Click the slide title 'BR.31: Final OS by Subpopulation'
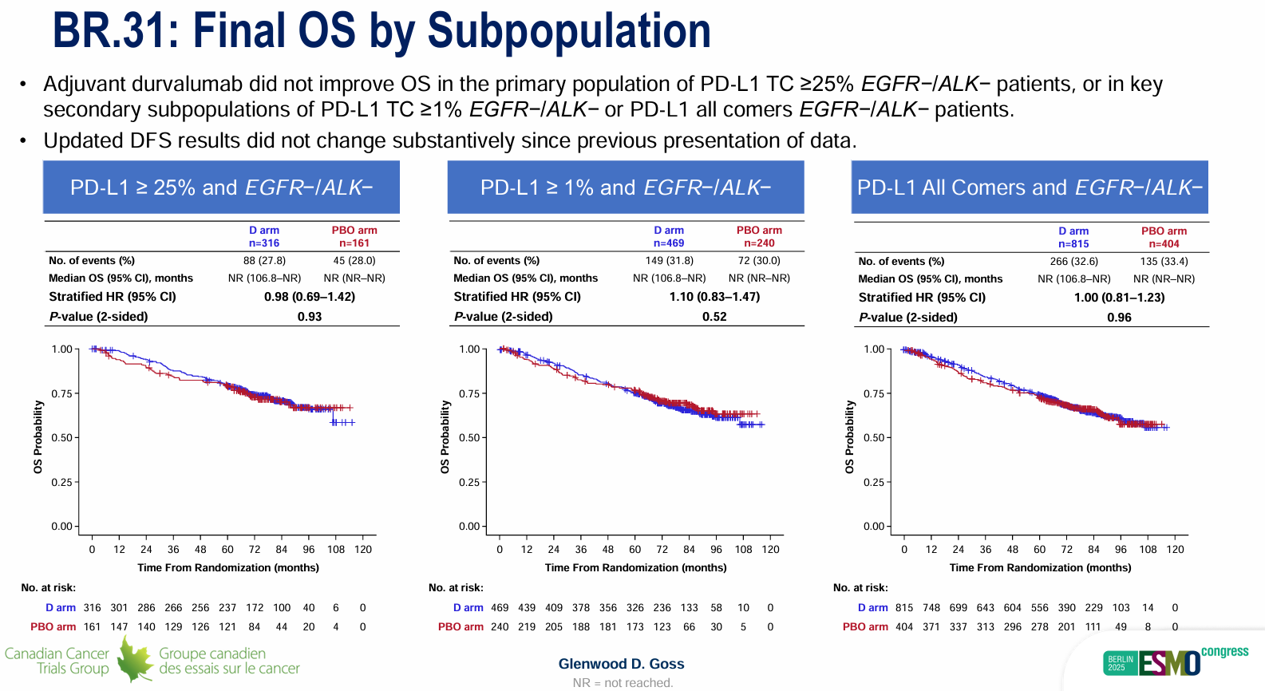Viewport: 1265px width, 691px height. tap(381, 31)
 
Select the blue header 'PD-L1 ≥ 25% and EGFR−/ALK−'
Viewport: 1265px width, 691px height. tap(221, 188)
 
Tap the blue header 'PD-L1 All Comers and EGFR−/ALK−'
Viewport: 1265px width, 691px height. tap(1030, 188)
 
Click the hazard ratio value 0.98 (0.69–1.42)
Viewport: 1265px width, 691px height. tap(310, 297)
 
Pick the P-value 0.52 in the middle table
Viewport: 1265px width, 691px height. tap(714, 317)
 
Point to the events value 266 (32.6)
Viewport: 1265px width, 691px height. tap(1073, 262)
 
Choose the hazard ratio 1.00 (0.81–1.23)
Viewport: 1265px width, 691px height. tap(1119, 298)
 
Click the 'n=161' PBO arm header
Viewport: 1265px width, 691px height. tap(354, 243)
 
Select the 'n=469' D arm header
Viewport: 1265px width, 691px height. tap(669, 243)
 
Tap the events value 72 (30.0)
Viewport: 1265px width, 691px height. tap(759, 261)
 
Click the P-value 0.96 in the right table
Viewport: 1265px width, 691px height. tap(1119, 318)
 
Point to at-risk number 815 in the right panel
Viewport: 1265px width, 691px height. tap(904, 608)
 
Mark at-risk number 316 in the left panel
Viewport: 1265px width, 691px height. tap(93, 608)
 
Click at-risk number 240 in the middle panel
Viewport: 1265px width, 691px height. tap(500, 627)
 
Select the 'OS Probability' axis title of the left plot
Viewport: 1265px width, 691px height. tap(38, 437)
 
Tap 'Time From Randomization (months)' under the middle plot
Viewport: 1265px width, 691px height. tap(635, 568)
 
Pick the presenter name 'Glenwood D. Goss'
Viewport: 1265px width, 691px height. tap(621, 664)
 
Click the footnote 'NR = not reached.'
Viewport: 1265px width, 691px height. tap(623, 683)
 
